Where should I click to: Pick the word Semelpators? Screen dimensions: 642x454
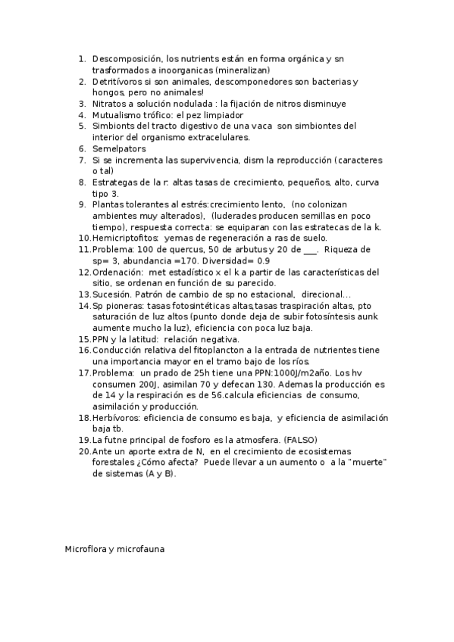pyautogui.click(x=119, y=149)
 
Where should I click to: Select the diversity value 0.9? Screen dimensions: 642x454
pyautogui.click(x=262, y=260)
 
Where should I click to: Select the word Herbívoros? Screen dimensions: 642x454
pyautogui.click(x=115, y=418)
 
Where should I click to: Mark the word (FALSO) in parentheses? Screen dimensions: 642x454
pyautogui.click(x=300, y=440)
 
